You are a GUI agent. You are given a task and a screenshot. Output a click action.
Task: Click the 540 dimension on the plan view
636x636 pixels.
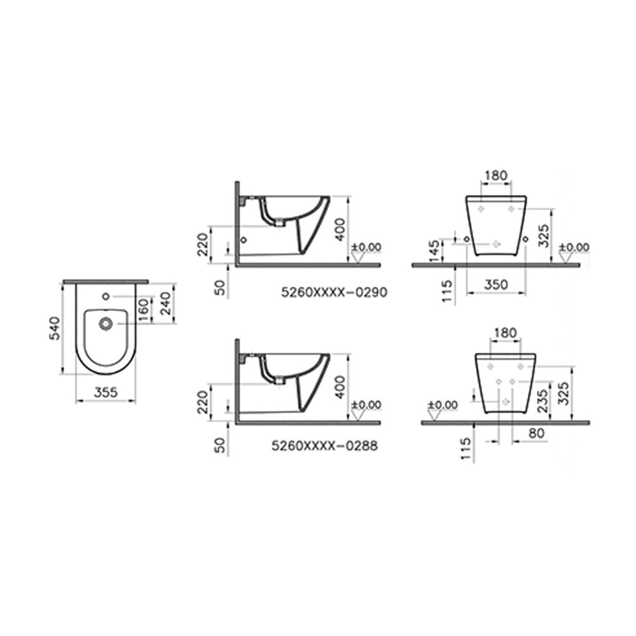click(x=55, y=328)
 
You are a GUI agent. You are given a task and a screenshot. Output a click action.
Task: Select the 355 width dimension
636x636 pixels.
click(x=106, y=392)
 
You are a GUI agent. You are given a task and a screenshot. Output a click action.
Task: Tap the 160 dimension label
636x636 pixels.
click(x=144, y=310)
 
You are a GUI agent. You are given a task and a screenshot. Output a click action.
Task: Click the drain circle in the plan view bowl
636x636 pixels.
click(x=106, y=324)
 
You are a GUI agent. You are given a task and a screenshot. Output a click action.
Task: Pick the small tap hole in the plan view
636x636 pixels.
click(x=106, y=296)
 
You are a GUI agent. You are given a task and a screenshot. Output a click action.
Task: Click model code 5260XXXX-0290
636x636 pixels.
click(x=335, y=292)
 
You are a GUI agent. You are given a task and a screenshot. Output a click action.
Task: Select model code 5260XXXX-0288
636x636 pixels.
click(x=324, y=446)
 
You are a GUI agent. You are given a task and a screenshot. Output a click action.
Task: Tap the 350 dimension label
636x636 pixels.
click(x=496, y=284)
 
